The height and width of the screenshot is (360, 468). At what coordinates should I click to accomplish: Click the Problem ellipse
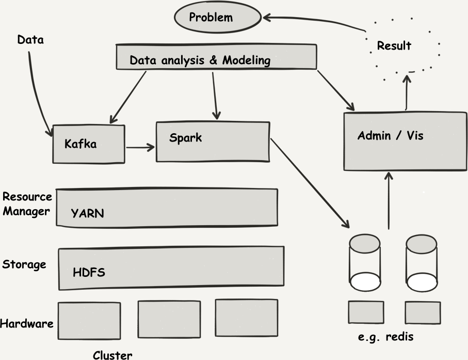pos(218,17)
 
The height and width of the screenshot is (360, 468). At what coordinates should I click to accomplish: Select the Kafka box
pos(89,144)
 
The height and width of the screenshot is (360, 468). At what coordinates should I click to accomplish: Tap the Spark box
pos(213,142)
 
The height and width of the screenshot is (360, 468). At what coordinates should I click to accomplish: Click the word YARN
pos(87,213)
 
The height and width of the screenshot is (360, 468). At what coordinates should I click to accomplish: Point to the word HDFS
pos(89,272)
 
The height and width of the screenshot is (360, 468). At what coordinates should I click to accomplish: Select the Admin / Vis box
pos(406,142)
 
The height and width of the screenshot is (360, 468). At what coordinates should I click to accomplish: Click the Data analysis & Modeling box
pos(216,57)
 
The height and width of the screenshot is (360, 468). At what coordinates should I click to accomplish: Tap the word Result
pos(394,45)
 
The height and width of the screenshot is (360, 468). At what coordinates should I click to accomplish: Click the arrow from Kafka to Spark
pos(140,147)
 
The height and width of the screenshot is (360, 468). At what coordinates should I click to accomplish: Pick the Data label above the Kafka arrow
pos(30,40)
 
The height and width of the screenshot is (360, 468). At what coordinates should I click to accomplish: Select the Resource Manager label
pos(27,204)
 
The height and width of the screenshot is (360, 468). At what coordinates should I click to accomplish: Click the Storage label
pos(24,264)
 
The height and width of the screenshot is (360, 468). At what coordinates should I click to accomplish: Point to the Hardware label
pos(26,323)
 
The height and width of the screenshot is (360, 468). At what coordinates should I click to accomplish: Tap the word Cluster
pos(112,355)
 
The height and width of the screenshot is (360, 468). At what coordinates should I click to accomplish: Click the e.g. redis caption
pos(385,337)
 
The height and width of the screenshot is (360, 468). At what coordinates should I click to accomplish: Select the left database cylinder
pos(365,262)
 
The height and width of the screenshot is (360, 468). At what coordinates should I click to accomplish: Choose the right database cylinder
pos(422,263)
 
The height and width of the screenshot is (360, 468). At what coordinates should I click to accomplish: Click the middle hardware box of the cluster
pos(169,319)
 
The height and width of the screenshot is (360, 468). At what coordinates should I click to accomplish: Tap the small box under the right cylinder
pos(423,312)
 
